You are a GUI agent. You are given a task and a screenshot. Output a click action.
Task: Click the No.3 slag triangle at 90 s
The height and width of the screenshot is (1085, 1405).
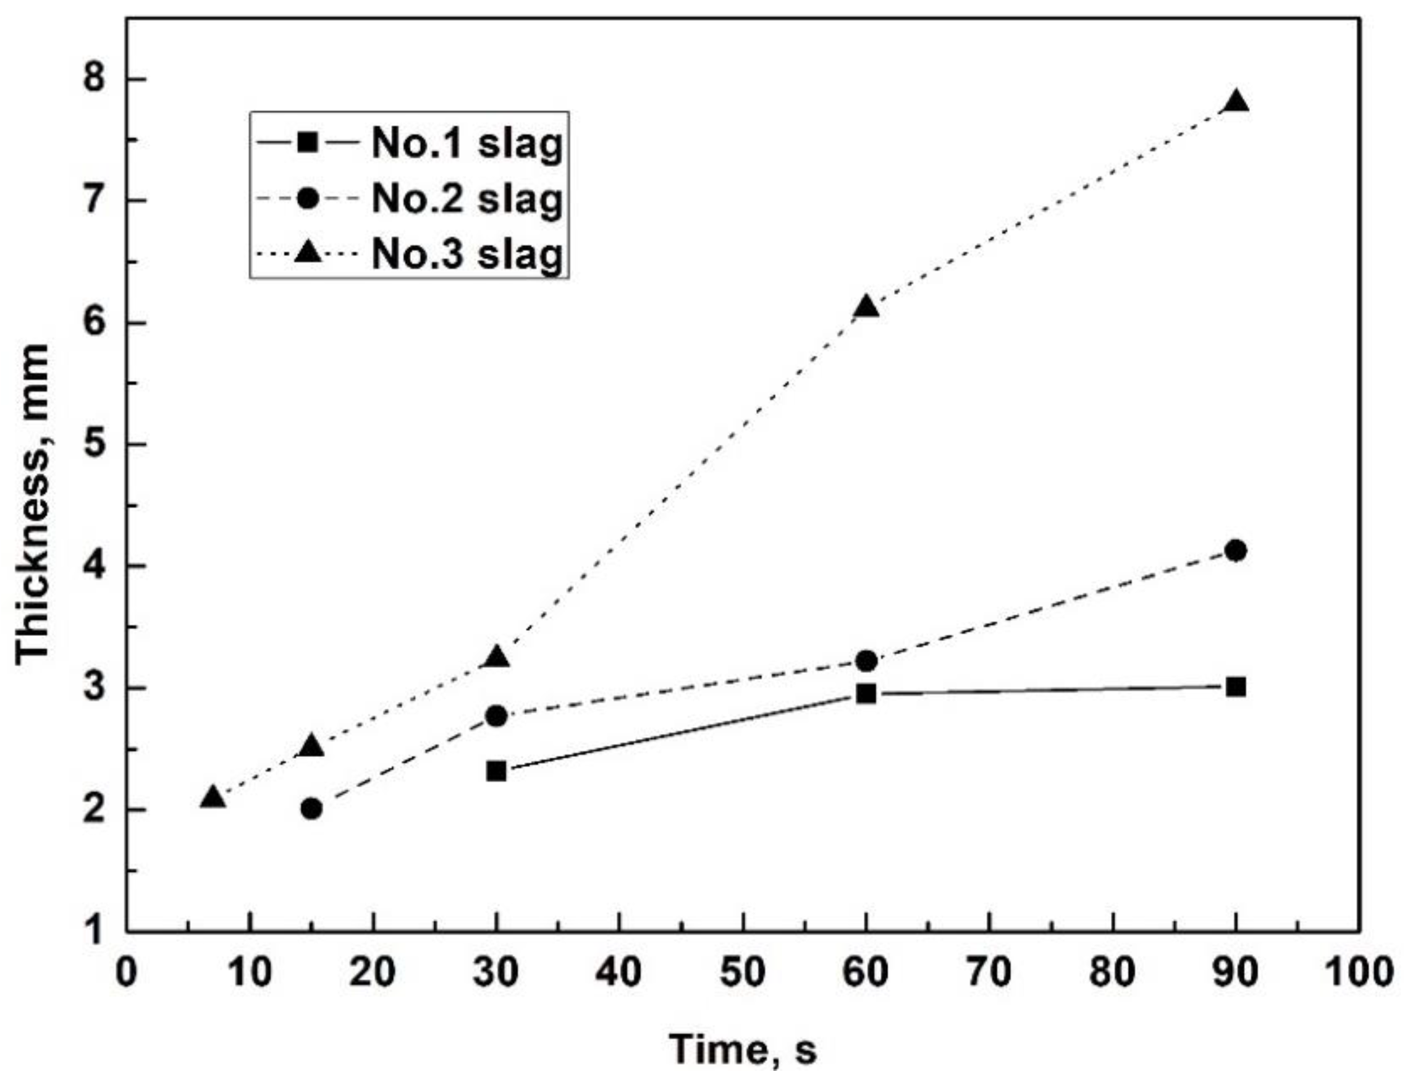tap(1236, 104)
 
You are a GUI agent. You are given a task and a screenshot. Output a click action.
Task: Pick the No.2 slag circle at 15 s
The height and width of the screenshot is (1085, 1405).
tap(311, 808)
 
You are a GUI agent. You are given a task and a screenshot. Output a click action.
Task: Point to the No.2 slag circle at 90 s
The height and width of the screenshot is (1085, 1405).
tap(1236, 551)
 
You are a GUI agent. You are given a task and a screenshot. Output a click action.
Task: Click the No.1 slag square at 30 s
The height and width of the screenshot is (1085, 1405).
tap(496, 770)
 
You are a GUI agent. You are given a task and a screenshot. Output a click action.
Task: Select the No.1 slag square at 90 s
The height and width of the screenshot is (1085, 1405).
tap(1236, 687)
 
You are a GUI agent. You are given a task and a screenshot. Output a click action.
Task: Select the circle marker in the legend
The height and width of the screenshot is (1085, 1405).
tap(310, 199)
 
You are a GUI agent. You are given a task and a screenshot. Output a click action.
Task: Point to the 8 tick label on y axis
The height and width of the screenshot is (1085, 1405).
tap(94, 80)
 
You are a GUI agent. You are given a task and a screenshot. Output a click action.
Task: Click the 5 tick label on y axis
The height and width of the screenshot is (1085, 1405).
tap(94, 445)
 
